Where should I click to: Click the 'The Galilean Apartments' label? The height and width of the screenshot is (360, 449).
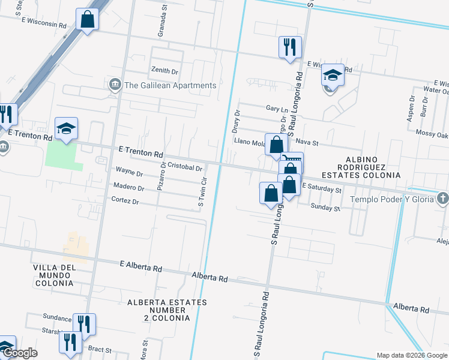click(x=170, y=85)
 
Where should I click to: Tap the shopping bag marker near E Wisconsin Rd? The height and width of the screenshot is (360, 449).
click(x=88, y=19)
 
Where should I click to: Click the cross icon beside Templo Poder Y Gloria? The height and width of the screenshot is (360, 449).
click(x=442, y=199)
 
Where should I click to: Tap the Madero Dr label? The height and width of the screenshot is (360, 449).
click(x=128, y=188)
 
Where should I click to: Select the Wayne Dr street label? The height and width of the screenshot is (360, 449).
click(x=129, y=173)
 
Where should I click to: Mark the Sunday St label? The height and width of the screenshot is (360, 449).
click(x=325, y=208)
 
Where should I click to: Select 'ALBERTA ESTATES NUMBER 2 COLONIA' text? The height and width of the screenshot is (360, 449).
click(x=167, y=310)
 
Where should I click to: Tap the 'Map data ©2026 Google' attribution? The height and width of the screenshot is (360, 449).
click(x=411, y=355)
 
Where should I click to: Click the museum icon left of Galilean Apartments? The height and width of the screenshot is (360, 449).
click(x=115, y=85)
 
